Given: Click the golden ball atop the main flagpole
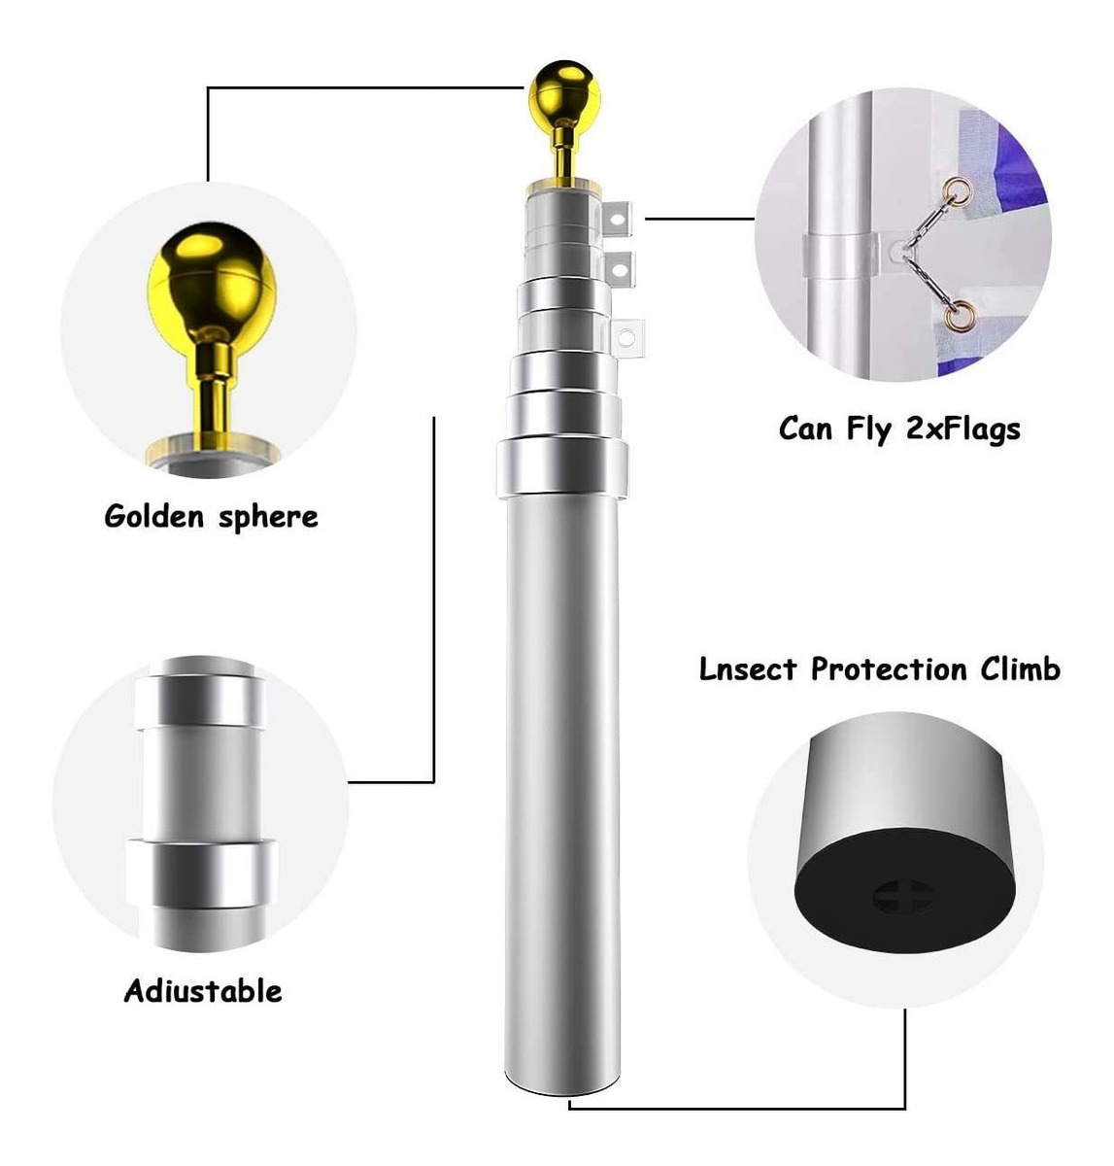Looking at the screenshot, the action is click(563, 94).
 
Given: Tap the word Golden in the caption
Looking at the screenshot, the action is click(153, 516).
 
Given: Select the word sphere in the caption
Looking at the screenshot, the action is click(268, 517).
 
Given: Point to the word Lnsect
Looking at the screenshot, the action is click(748, 669).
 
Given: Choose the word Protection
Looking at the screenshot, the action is click(889, 669).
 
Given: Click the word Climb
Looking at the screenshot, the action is click(1021, 669).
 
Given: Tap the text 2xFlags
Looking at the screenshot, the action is click(963, 429).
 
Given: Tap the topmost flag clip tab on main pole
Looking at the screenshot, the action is click(617, 220).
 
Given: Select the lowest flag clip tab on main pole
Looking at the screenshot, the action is click(626, 338).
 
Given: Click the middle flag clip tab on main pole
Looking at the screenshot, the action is click(620, 269).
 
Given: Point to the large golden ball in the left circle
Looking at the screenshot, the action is click(212, 282).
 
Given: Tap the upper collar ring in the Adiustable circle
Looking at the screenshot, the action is click(201, 702).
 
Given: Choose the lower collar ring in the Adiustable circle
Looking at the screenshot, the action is click(202, 874).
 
